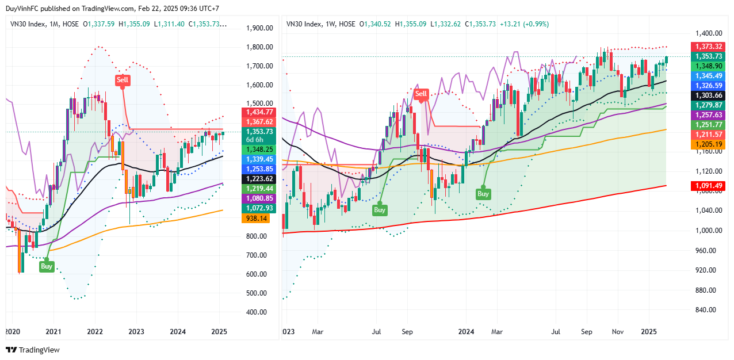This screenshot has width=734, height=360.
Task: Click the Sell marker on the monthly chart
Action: pos(123,80)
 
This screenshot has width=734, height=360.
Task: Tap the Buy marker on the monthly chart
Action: pos(47,266)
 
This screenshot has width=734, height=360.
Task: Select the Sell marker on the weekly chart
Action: pos(422,94)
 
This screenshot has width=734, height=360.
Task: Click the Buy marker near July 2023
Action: pos(380,210)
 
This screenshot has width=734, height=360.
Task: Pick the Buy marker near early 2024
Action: pos(483,194)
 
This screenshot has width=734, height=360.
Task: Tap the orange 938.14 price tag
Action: pos(257,219)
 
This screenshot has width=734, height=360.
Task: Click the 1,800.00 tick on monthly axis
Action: pos(259,47)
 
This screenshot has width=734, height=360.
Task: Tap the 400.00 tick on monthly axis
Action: pos(257,312)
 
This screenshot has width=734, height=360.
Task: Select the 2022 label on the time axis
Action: pos(95,332)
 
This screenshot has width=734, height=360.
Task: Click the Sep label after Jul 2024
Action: pos(587,332)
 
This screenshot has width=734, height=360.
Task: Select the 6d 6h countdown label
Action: pos(254,140)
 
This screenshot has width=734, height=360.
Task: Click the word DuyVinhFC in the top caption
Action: pos(21,9)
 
